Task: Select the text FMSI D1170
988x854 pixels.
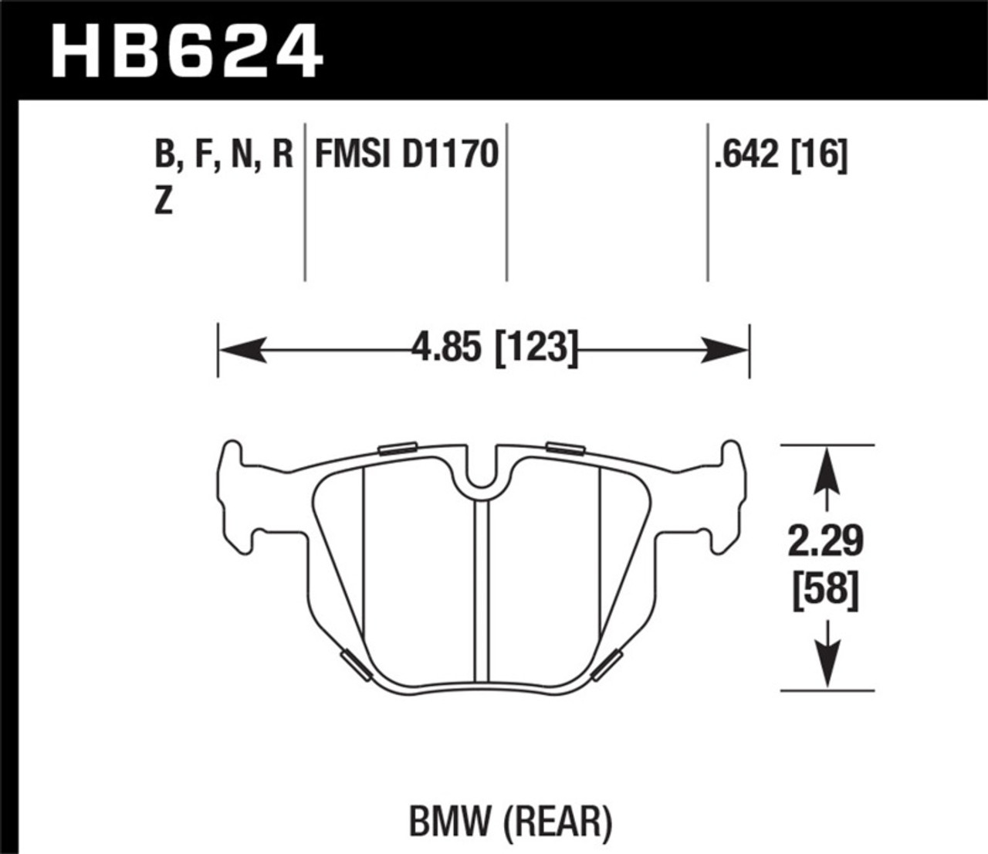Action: [406, 154]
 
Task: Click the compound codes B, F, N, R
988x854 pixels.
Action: [224, 155]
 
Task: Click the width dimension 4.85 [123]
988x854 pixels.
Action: [494, 347]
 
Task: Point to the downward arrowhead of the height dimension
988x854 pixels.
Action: [827, 667]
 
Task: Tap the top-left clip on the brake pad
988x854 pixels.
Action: [398, 448]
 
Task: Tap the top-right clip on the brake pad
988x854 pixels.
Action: [565, 447]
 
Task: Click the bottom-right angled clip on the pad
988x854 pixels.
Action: [607, 665]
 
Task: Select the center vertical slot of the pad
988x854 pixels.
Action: [482, 587]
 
